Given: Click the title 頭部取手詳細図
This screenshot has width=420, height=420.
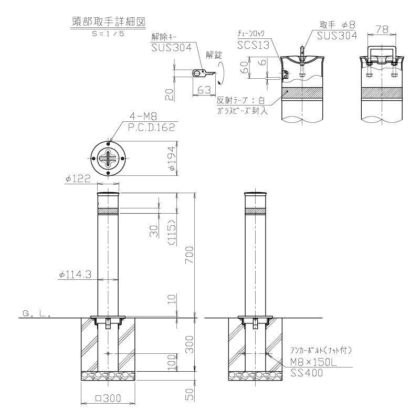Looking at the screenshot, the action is (109, 22).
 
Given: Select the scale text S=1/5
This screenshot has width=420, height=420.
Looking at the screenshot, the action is (108, 34).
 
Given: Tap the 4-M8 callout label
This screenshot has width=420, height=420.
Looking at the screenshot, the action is (143, 116).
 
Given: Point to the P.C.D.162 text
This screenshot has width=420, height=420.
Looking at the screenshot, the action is (151, 127).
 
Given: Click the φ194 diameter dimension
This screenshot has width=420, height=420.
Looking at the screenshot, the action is (172, 159).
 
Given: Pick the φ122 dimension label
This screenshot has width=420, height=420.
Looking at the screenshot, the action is (78, 178).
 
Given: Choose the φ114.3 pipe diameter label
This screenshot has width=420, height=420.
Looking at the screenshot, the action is (75, 275).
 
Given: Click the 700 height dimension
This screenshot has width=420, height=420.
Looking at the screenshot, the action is (190, 255).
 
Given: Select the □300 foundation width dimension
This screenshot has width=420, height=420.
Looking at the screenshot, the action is (108, 398).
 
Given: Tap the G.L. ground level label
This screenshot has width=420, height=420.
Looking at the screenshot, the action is (37, 313).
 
